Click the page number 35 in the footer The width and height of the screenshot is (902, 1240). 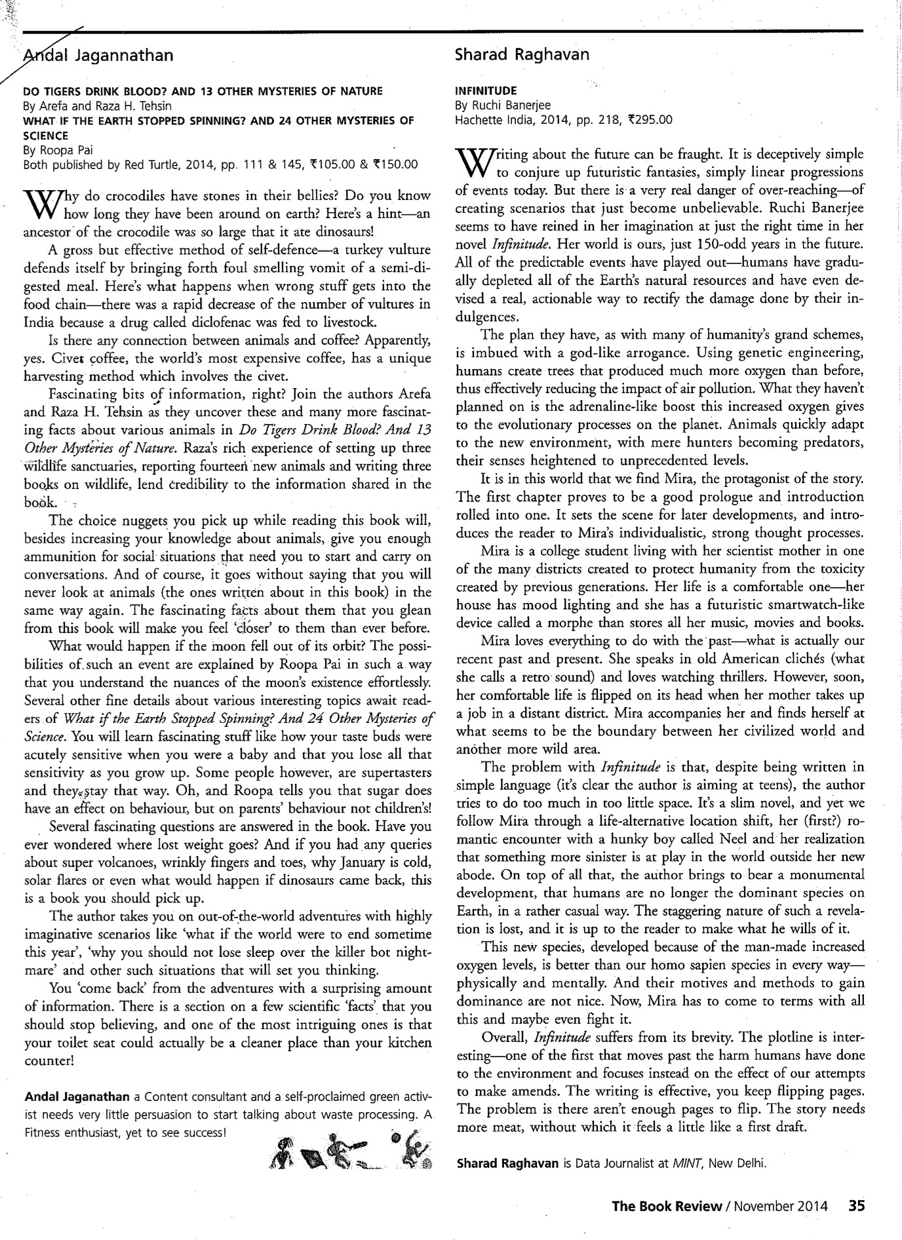pos(857,1205)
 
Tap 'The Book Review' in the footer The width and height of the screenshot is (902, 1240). pos(666,1205)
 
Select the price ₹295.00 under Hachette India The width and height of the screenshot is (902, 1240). pos(648,119)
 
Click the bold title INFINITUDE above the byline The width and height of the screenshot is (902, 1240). pos(486,90)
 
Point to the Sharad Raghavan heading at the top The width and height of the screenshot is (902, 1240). pos(522,55)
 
